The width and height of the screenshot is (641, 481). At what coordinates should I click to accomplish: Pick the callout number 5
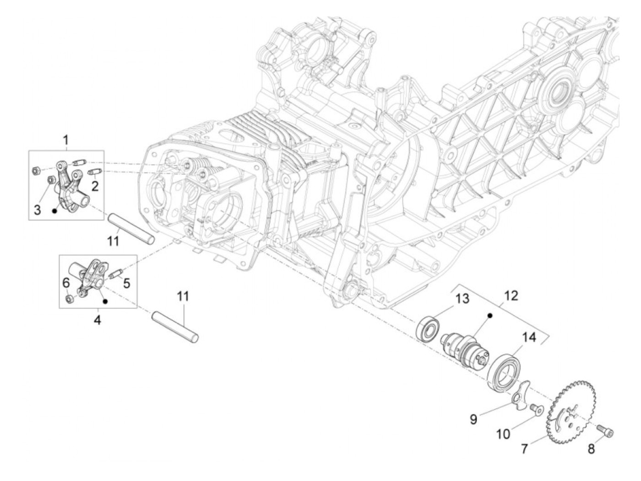(126, 283)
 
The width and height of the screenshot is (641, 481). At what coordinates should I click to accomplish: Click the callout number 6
(66, 283)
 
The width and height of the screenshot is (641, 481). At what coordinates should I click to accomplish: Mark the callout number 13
(462, 299)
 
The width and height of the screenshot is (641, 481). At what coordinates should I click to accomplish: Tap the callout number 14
(529, 338)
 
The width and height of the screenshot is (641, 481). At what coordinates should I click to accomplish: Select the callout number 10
(503, 433)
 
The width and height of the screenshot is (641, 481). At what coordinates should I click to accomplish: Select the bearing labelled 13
(427, 328)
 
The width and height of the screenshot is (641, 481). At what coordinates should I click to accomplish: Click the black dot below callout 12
(489, 315)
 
